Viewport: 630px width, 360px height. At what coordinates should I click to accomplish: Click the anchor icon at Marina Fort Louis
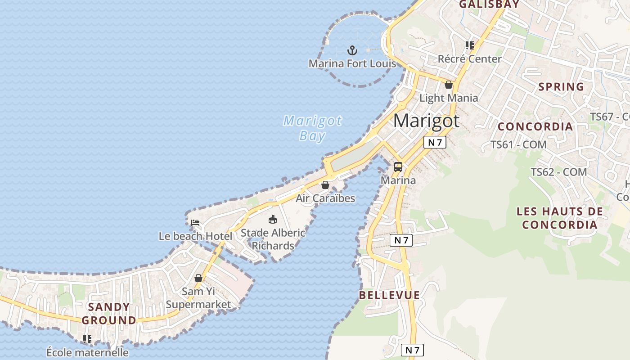pos(352,50)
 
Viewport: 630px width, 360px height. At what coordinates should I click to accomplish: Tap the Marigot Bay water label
pos(312,128)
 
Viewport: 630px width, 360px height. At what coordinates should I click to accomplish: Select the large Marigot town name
pos(426,121)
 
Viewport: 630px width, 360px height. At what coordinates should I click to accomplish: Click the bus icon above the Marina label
pos(398,167)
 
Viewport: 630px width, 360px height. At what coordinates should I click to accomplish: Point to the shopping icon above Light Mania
pos(449,84)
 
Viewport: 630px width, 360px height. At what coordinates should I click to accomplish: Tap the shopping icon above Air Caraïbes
pos(325,185)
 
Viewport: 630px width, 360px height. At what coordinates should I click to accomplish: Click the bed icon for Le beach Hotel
pos(195,223)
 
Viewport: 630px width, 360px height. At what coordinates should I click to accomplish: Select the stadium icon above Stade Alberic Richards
pos(272,220)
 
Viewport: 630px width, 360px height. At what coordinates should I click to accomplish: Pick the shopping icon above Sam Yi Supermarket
pos(198,278)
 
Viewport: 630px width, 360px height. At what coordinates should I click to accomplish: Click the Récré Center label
pos(469,59)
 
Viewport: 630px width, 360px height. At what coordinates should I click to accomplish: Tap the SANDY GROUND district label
pos(109,314)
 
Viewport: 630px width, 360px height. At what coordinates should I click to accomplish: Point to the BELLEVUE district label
pos(389,295)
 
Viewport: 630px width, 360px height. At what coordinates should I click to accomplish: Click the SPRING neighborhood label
pos(561,87)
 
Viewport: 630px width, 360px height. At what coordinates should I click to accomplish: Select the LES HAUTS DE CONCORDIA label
pos(559,218)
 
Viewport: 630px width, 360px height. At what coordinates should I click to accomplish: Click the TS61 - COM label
pos(518,145)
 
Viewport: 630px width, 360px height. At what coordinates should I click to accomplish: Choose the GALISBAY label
pos(489,4)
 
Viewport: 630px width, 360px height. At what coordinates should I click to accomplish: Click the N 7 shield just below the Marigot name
pos(435,142)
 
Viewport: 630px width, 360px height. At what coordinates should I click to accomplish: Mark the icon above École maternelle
pos(87,339)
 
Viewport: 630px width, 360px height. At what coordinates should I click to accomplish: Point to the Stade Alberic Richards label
pos(273,239)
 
